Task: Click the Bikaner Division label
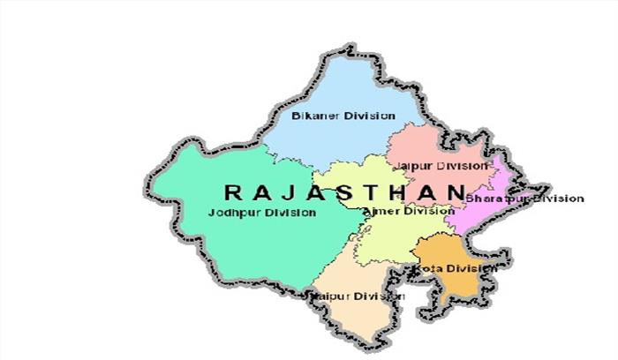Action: coord(331,116)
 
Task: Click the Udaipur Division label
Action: coord(358,296)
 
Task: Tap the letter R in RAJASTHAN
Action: coord(232,191)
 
